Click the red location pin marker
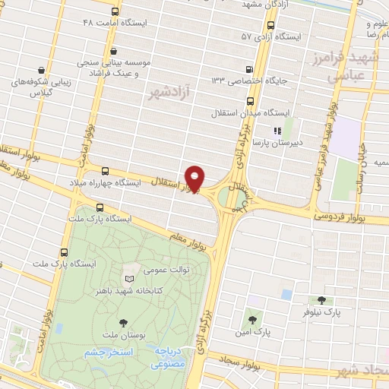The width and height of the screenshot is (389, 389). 195,177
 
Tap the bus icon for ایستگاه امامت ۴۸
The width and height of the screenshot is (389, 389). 114,12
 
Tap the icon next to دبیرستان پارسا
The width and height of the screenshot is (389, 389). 245,130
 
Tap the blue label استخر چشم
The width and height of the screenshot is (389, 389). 107,353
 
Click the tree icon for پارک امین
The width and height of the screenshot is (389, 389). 252,319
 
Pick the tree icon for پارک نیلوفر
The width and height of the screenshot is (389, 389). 321,300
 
